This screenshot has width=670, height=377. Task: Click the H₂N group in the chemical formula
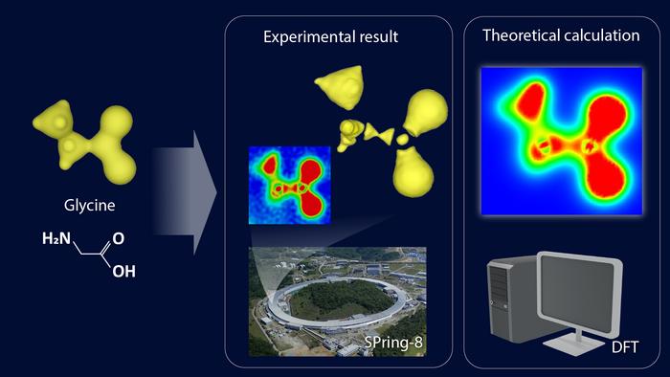coord(56,237)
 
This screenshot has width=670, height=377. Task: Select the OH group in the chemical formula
coord(123,271)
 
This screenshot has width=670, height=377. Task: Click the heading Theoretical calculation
coord(561,37)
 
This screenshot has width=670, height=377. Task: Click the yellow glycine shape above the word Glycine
coord(81,134)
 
